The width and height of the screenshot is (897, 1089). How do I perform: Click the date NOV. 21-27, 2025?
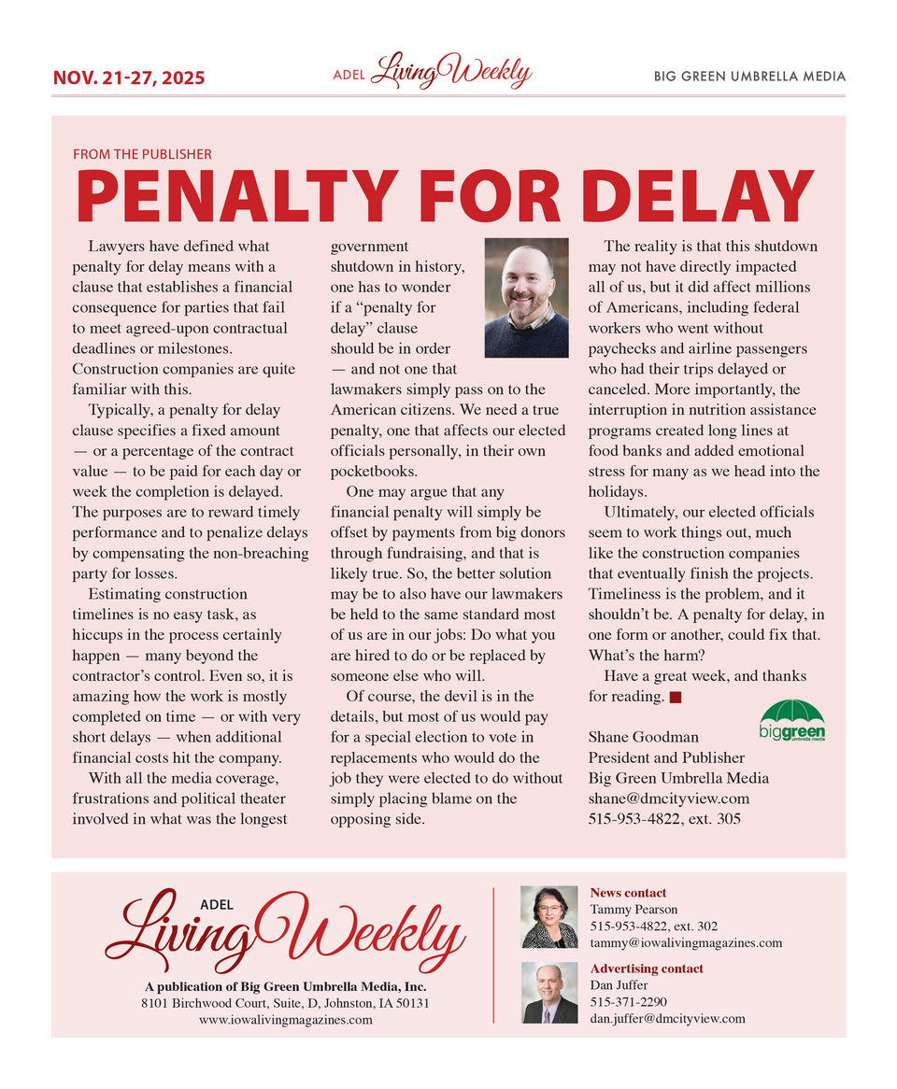[x=128, y=78]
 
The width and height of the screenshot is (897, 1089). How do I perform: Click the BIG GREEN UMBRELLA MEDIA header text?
[x=749, y=77]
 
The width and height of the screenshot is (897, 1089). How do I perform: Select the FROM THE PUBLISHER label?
[x=142, y=154]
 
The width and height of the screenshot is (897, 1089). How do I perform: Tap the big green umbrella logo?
[x=791, y=720]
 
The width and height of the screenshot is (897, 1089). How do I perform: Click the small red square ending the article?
[x=676, y=697]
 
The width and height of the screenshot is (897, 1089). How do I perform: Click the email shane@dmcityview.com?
[x=668, y=799]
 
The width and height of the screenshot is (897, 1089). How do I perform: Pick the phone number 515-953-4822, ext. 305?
[x=664, y=819]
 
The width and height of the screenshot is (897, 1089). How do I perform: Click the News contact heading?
[x=628, y=893]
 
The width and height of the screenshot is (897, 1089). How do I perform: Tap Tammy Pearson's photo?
[x=548, y=917]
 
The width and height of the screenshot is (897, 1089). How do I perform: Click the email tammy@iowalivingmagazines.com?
[x=686, y=942]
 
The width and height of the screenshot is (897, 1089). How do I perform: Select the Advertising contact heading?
[x=647, y=969]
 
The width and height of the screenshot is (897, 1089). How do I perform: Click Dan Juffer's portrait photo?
[x=548, y=993]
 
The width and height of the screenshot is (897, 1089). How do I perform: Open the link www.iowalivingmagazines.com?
[x=286, y=1020]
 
